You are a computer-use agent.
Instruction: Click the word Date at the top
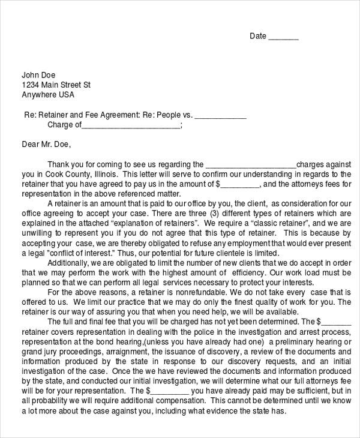[257, 36]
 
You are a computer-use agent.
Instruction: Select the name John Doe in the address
[39, 75]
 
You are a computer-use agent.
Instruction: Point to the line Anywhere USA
[48, 95]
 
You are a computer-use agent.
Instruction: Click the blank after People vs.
[221, 116]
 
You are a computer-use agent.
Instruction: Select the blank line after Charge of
[130, 125]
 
